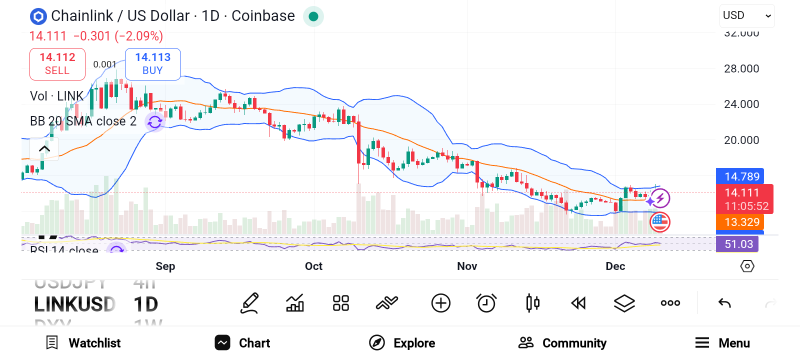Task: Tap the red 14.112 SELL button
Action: point(57,64)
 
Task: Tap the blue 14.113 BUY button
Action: point(152,64)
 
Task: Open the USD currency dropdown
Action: point(747,15)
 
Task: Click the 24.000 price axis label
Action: point(741,104)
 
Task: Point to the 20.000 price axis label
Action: point(741,140)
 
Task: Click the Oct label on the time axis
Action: point(313,266)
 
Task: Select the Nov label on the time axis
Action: point(467,266)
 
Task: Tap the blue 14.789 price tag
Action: point(741,176)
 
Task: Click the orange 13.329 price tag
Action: point(741,222)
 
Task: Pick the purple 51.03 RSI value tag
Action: point(738,244)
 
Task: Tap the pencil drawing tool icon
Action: point(249,303)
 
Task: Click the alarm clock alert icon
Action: point(486,303)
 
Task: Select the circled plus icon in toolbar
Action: point(440,303)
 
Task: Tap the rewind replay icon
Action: point(578,303)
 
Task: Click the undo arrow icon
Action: point(724,303)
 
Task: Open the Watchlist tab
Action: point(83,343)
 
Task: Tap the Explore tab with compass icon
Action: point(402,343)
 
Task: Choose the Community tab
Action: point(562,343)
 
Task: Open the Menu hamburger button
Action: point(722,343)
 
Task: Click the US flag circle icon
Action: point(660,222)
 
